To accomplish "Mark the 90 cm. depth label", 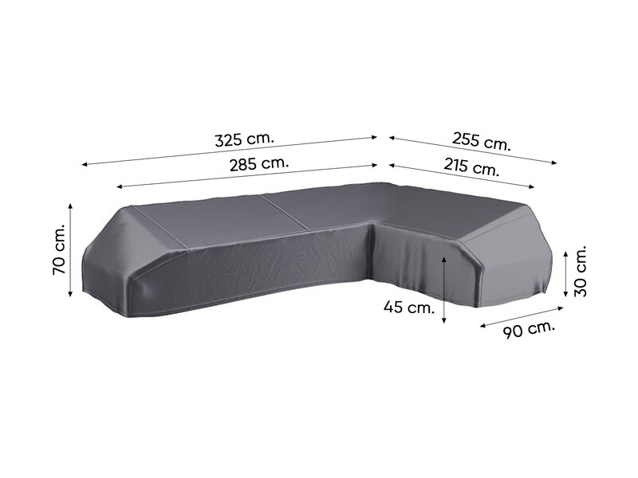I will [x=529, y=330].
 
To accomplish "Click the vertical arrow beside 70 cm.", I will [x=71, y=249].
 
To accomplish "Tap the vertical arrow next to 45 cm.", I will [x=444, y=290].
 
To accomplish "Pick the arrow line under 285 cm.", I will [x=247, y=175].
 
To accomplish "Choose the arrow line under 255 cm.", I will [x=473, y=150].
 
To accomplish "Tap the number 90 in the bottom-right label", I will [x=514, y=333].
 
